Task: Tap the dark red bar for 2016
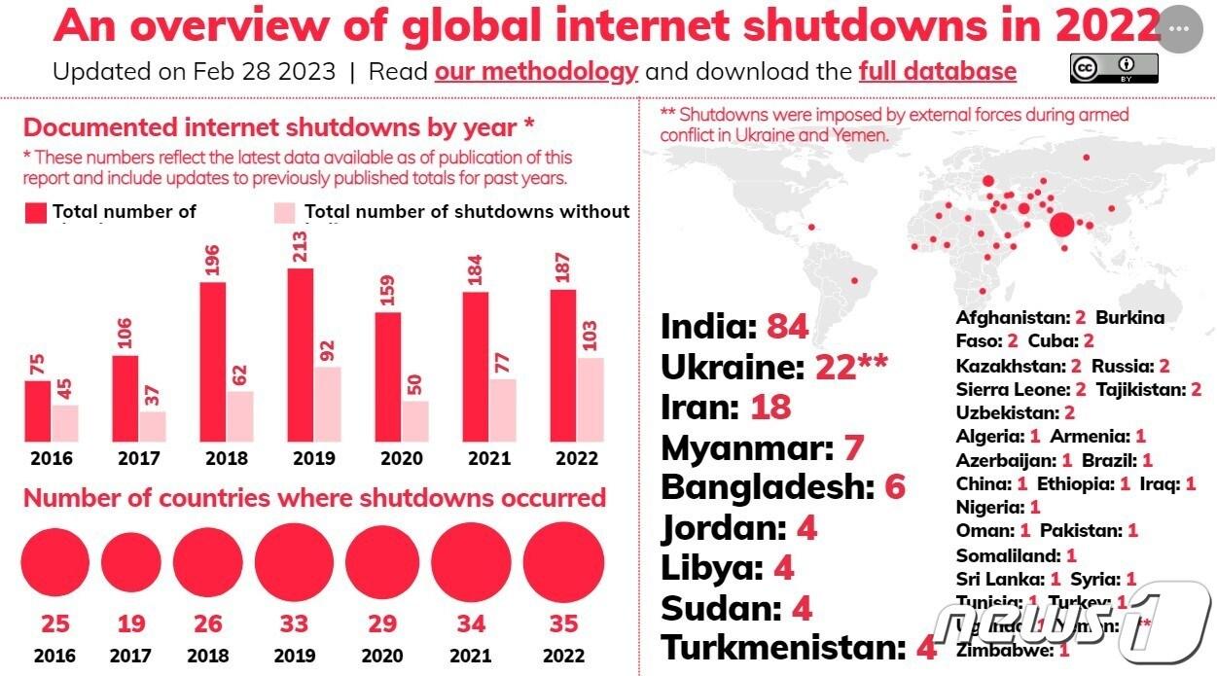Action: coord(37,410)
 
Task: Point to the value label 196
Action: coord(213,261)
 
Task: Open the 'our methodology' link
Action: coord(536,72)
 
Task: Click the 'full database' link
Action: coord(937,72)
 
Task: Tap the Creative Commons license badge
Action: coord(1114,68)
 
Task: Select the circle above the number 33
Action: coord(294,563)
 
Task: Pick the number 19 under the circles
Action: coord(130,623)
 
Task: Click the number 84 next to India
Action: coord(787,327)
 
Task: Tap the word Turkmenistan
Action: coord(782,648)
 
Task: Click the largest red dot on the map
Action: coord(1062,226)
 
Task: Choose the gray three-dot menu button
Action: coord(1179,29)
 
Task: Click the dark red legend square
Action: coord(36,213)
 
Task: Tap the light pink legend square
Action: coord(283,213)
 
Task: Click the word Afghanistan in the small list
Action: coord(1012,318)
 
